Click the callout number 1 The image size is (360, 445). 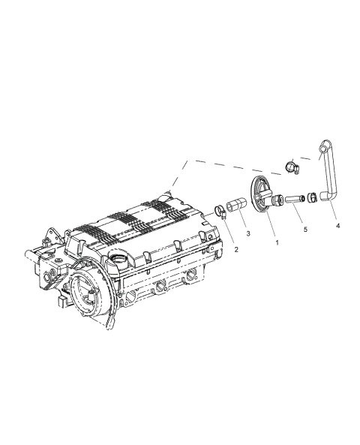pos(277,243)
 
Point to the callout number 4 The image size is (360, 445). pos(337,225)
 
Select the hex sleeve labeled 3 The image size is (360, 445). pos(236,205)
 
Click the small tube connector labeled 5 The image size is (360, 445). pos(293,199)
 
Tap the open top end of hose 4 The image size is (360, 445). pos(324,144)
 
